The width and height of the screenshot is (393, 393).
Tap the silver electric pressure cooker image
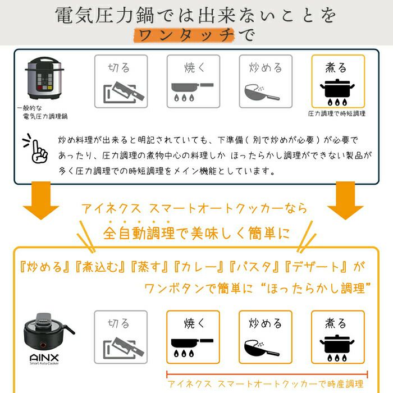point(44,78)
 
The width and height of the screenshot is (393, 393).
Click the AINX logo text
point(44,358)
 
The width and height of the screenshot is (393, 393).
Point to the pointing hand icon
point(36,148)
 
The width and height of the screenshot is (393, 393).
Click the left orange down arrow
point(41,200)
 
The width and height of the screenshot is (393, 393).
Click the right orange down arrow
point(345,200)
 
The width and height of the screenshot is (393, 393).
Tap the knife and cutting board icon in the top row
point(124,92)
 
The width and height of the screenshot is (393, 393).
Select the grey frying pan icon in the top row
point(192,92)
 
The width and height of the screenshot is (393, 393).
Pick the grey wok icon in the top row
point(262,93)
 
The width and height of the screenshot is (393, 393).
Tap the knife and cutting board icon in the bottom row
point(124,348)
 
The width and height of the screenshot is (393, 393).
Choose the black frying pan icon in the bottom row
point(192,348)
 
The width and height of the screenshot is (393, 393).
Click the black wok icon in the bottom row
point(262,348)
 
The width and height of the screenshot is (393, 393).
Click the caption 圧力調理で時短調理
point(337,113)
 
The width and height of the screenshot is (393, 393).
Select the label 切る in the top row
point(119,68)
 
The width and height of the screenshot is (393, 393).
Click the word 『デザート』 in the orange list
point(316,267)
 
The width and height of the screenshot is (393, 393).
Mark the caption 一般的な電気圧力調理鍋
point(43,112)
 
